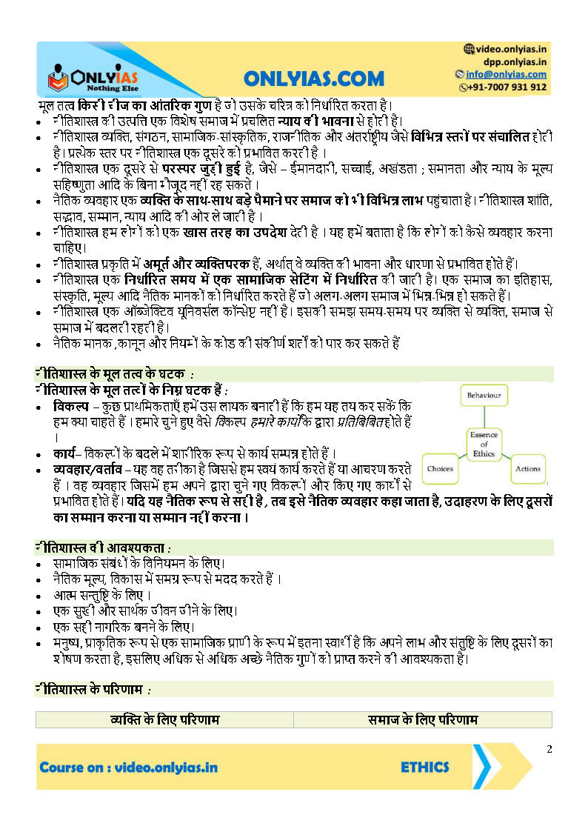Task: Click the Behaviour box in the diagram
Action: coord(484,396)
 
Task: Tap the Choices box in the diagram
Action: coord(441,468)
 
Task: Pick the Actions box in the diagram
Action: coord(527,468)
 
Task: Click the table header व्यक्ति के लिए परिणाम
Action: coord(164,719)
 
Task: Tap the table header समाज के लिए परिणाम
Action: coord(423,719)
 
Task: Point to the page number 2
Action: coord(549,749)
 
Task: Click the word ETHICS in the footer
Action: coord(424,768)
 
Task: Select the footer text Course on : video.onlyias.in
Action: coord(129,768)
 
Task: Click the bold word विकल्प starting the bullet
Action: coord(69,407)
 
